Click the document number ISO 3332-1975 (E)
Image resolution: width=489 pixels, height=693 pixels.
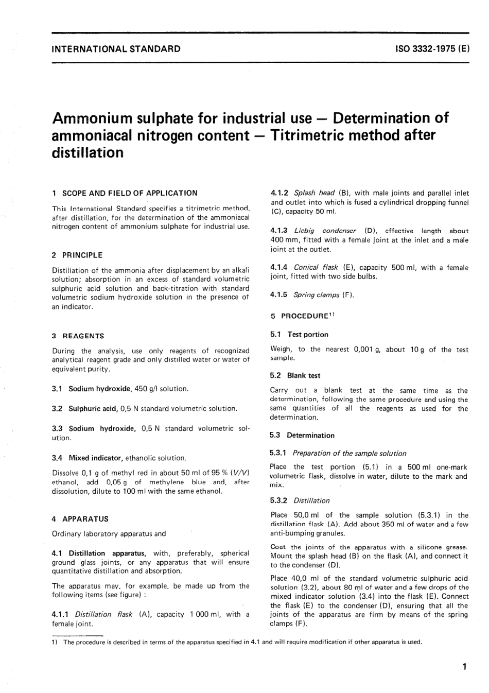click(x=432, y=49)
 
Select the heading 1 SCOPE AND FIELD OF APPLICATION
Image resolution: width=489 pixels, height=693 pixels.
click(x=125, y=193)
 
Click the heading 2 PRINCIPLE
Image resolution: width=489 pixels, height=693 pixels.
click(x=77, y=255)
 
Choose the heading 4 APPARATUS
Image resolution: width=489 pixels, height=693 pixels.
click(x=80, y=519)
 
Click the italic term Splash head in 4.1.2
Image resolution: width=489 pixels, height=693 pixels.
click(x=314, y=193)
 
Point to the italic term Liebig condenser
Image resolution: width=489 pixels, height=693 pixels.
click(x=325, y=231)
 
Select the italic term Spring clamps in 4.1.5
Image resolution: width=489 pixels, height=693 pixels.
click(x=316, y=295)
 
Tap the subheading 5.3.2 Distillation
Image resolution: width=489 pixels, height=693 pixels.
click(x=300, y=500)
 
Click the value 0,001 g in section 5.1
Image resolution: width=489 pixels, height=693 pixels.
click(x=366, y=349)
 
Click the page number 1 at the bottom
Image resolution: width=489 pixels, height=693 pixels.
click(x=464, y=667)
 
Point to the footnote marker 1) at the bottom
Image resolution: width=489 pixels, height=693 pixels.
click(x=55, y=642)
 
